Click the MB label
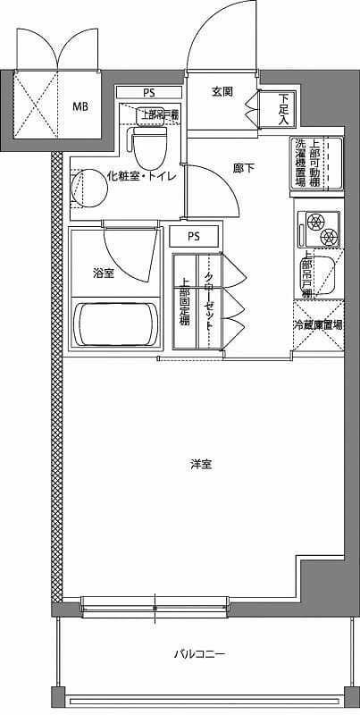pyautogui.click(x=80, y=106)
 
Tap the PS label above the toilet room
pyautogui.click(x=148, y=92)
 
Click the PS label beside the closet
pyautogui.click(x=194, y=236)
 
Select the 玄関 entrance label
pyautogui.click(x=222, y=92)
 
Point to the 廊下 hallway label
pyautogui.click(x=245, y=167)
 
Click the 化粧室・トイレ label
pyautogui.click(x=141, y=176)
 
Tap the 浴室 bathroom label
pyautogui.click(x=103, y=273)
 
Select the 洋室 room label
pyautogui.click(x=200, y=464)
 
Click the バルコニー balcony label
pyautogui.click(x=199, y=655)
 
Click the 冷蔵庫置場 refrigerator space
pyautogui.click(x=318, y=326)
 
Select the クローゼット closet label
pyautogui.click(x=208, y=301)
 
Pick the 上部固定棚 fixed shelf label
pyautogui.click(x=184, y=304)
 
